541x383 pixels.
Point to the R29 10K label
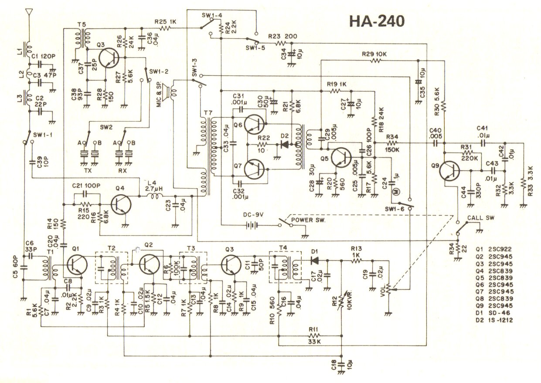[374, 54]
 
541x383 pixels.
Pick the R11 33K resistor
[313, 336]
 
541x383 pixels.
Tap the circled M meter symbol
[397, 192]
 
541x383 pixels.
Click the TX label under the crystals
[87, 171]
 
